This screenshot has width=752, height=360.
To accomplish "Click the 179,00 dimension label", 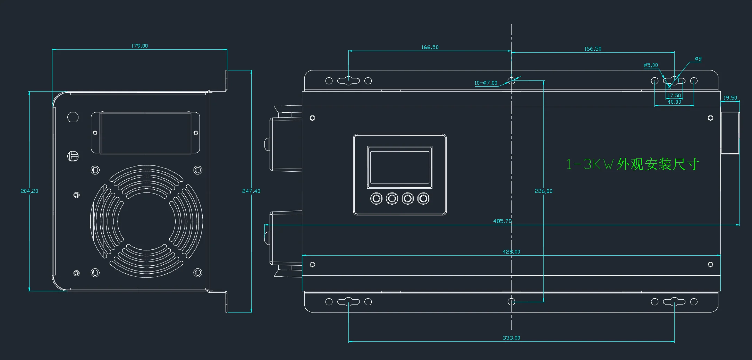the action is pos(140,46).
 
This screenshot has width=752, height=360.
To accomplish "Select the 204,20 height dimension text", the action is pos(29,191).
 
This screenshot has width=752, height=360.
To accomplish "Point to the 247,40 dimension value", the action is pos(251,191).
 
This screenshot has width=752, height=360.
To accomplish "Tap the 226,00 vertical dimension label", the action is pos(543,191).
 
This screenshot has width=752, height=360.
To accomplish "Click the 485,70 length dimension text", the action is pos(502,221).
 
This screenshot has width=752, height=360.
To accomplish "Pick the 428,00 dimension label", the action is pos(512,252).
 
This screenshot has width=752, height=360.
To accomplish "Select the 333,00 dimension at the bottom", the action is pos(512,338).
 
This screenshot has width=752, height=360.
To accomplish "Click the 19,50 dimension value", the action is pos(730,98).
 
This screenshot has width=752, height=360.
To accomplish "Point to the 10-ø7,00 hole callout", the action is pos(486,83).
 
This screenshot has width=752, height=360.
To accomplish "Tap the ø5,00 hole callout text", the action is pos(651,65).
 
